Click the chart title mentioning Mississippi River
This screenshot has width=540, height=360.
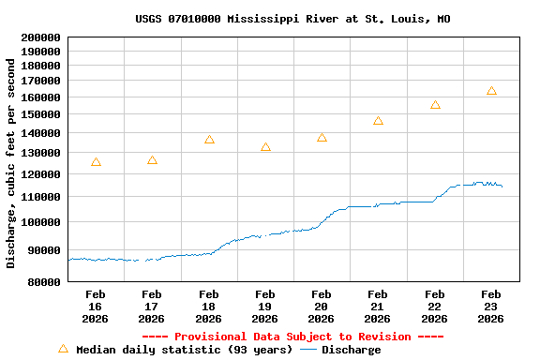[x=292, y=19]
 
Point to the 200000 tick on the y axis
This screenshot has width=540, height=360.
[x=39, y=37]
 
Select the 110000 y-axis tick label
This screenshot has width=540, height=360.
[x=39, y=197]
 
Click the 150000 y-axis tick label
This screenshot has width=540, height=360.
[x=39, y=114]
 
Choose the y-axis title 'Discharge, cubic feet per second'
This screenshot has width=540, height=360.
[x=11, y=163]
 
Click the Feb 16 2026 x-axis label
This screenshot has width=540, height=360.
[x=96, y=306]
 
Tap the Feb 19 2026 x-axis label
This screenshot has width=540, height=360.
[x=265, y=306]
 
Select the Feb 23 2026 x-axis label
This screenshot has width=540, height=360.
[x=491, y=306]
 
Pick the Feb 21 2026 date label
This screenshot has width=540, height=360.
[x=378, y=306]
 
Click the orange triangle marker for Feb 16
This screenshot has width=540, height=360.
[x=96, y=162]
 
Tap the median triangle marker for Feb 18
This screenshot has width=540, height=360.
[x=209, y=140]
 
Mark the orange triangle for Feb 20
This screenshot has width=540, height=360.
[x=322, y=138]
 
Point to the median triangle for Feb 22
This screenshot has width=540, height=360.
[x=435, y=105]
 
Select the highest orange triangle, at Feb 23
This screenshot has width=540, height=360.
[x=491, y=91]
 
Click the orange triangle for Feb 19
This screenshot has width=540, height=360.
[x=265, y=147]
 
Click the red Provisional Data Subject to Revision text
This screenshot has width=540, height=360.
[x=292, y=337]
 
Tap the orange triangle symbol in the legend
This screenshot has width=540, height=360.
[x=63, y=349]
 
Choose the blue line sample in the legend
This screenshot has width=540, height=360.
[x=307, y=350]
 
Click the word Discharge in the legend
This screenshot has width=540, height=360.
[x=352, y=350]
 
